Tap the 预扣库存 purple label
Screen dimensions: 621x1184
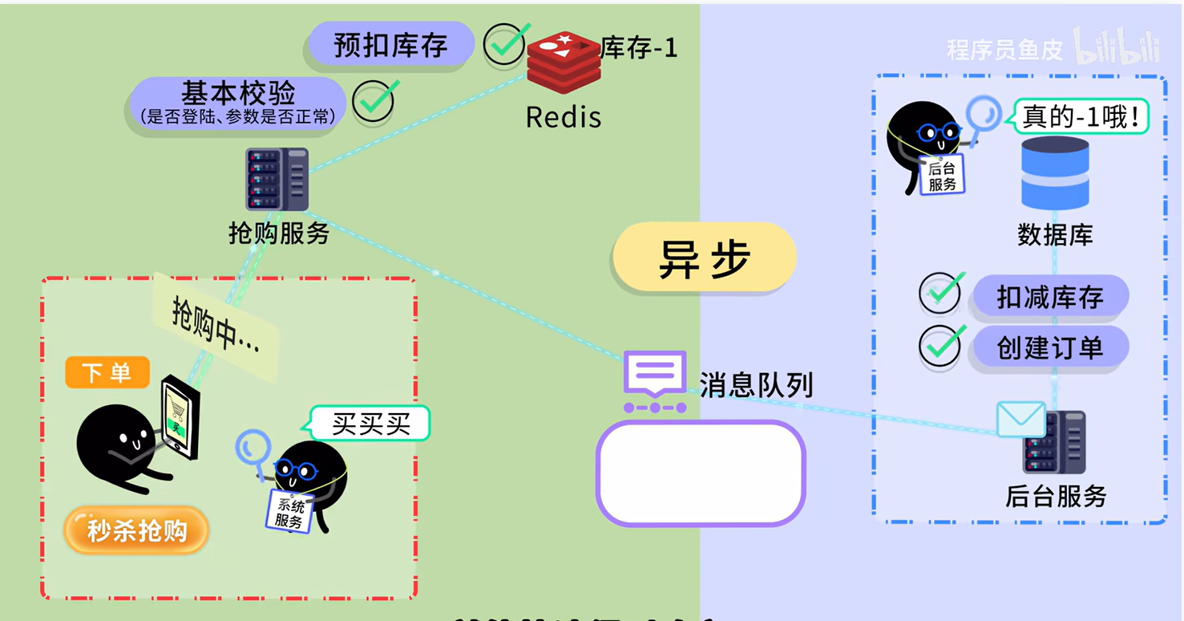point(390,44)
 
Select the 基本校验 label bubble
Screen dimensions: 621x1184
point(237,102)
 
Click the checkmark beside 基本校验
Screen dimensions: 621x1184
point(374,101)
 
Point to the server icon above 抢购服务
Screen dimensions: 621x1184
point(277,179)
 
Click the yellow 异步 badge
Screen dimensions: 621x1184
point(704,258)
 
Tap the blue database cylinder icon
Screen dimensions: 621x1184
point(1054,172)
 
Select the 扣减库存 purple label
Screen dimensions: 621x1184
point(1050,298)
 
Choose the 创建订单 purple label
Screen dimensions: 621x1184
point(1050,348)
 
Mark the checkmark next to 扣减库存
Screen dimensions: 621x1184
point(940,293)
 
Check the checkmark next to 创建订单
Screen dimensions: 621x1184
point(940,345)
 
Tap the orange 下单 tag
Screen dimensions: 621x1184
point(107,372)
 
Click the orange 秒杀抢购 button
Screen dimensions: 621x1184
point(136,530)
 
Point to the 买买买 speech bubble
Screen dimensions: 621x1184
point(370,424)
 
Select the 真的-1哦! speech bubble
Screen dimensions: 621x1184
point(1081,117)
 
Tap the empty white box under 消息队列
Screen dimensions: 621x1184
point(700,473)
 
